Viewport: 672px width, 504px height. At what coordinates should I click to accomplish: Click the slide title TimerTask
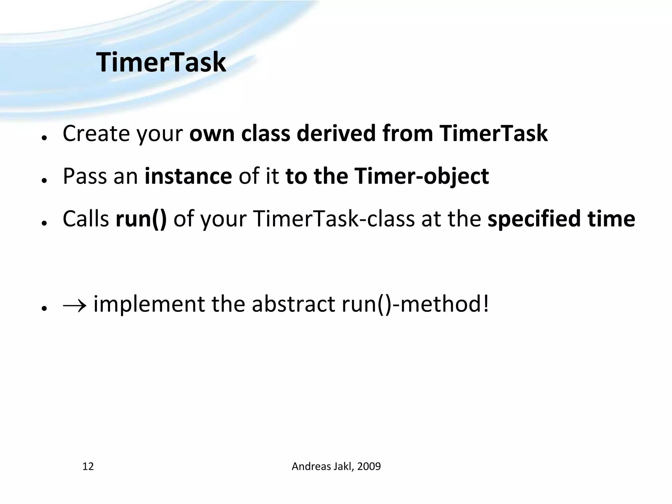pos(161,62)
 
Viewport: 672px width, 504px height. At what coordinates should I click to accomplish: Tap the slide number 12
pos(88,466)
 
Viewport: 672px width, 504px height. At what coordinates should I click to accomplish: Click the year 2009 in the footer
pos(369,466)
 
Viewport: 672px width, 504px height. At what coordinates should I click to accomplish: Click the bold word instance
pos(188,176)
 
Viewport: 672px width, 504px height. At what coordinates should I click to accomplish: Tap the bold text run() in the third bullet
pos(141,219)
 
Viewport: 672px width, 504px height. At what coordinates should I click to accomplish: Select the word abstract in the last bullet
pos(293,304)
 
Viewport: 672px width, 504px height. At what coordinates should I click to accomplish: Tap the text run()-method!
pos(415,304)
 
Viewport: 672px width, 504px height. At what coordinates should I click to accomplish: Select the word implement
pos(149,304)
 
